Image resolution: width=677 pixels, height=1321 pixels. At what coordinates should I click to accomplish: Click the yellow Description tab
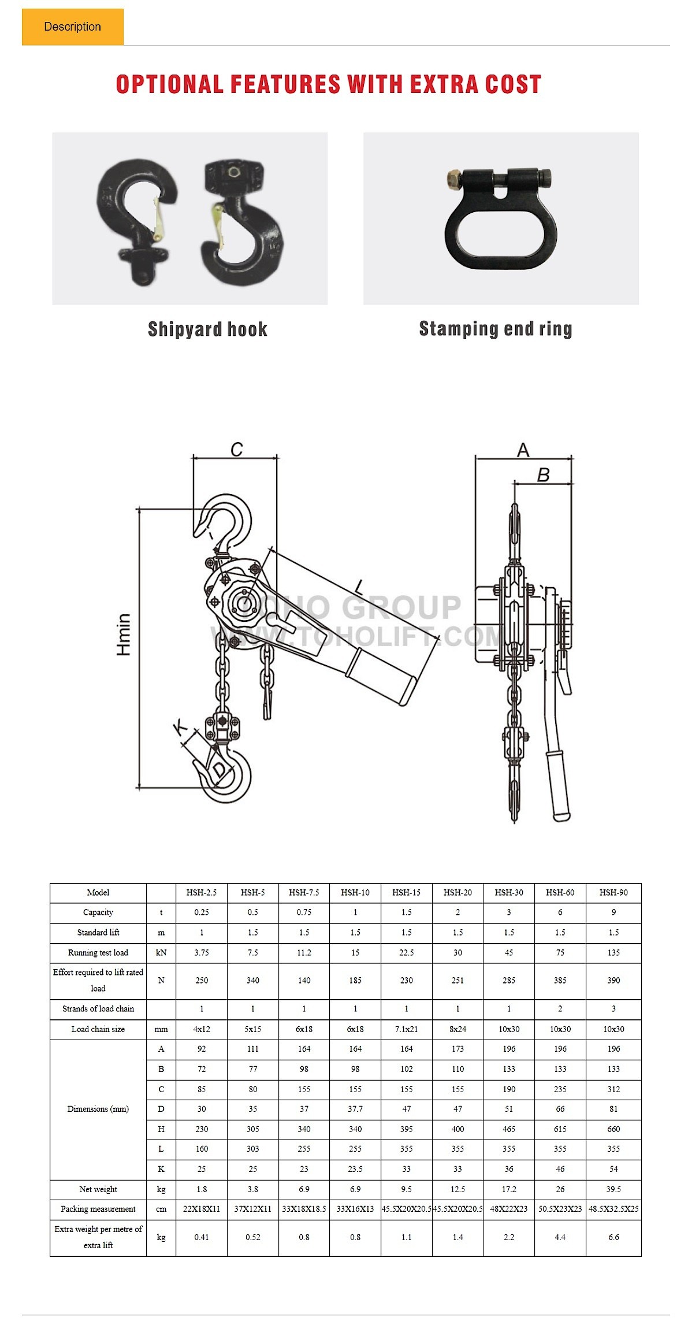pos(73,27)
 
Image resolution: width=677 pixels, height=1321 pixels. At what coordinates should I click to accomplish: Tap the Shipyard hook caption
pos(207,329)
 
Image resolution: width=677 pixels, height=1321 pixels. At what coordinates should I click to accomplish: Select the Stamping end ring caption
pos(496,329)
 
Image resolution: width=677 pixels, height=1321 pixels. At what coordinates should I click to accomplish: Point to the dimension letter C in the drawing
pos(237,449)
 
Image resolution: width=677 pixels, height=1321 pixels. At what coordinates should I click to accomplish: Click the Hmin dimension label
pos(124,634)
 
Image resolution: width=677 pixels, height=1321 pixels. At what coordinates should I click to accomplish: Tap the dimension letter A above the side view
pos(523,450)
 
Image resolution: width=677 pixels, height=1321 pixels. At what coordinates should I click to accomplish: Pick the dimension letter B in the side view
pos(543,475)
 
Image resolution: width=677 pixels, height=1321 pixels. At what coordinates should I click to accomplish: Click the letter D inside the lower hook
pos(220,770)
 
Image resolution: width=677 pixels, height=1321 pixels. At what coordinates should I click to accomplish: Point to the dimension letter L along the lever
pos(359,588)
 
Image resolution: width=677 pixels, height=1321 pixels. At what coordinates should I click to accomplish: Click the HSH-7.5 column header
pos(304,893)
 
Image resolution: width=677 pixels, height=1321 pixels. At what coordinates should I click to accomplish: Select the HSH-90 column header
pos(613,893)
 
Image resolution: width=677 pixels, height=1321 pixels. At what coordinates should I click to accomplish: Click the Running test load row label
pos(98,953)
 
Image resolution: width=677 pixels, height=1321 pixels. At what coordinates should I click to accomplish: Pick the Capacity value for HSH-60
pos(560,912)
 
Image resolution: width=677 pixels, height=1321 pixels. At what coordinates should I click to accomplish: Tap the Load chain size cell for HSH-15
pos(407,1029)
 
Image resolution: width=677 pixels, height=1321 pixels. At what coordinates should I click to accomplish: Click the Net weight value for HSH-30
pos(509,1189)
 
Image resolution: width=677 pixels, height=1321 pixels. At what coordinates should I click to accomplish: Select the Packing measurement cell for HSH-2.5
pos(202,1209)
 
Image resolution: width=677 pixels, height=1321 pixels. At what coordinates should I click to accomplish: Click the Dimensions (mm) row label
pos(98,1109)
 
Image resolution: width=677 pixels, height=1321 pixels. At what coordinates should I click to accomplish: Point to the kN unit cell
pos(161,953)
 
